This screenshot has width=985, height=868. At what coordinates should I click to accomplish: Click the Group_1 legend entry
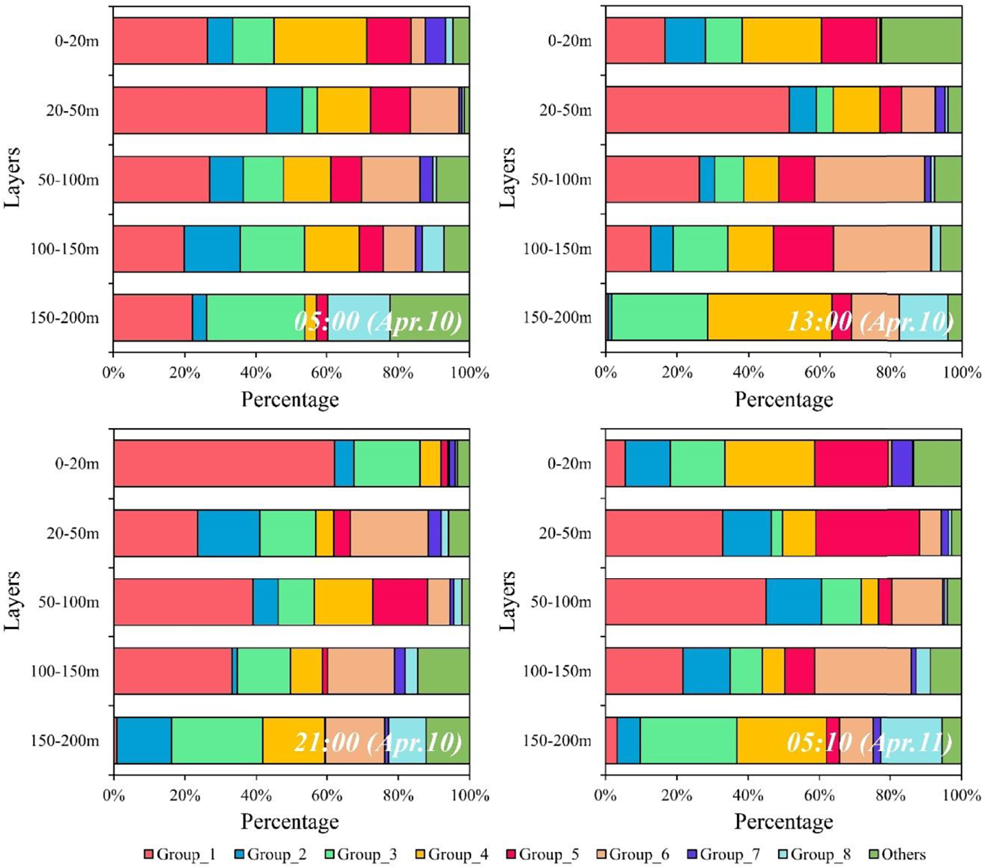point(179,855)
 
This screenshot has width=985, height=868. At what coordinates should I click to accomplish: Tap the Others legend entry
point(895,855)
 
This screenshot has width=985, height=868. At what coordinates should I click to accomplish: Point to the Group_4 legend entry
point(451,855)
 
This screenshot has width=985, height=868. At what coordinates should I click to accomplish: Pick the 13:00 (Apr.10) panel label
point(869,321)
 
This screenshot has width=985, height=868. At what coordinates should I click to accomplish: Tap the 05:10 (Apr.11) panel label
point(869,742)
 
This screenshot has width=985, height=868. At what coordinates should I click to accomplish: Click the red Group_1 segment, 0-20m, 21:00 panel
point(224,464)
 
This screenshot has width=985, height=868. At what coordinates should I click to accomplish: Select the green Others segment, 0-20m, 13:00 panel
point(922,41)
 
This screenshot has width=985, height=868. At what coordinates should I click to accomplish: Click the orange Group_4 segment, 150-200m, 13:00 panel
point(770,318)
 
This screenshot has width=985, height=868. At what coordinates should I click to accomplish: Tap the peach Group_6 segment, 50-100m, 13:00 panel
point(869,179)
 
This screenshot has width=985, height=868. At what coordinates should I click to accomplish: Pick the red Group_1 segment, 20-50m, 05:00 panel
point(190,110)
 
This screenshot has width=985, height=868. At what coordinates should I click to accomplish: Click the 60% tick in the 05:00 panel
point(326,373)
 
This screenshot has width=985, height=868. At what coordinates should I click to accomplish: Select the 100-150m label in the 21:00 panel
point(65,672)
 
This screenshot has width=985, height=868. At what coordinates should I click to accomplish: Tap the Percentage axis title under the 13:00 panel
point(784,400)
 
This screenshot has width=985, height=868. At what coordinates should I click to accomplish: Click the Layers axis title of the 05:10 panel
point(508,601)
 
